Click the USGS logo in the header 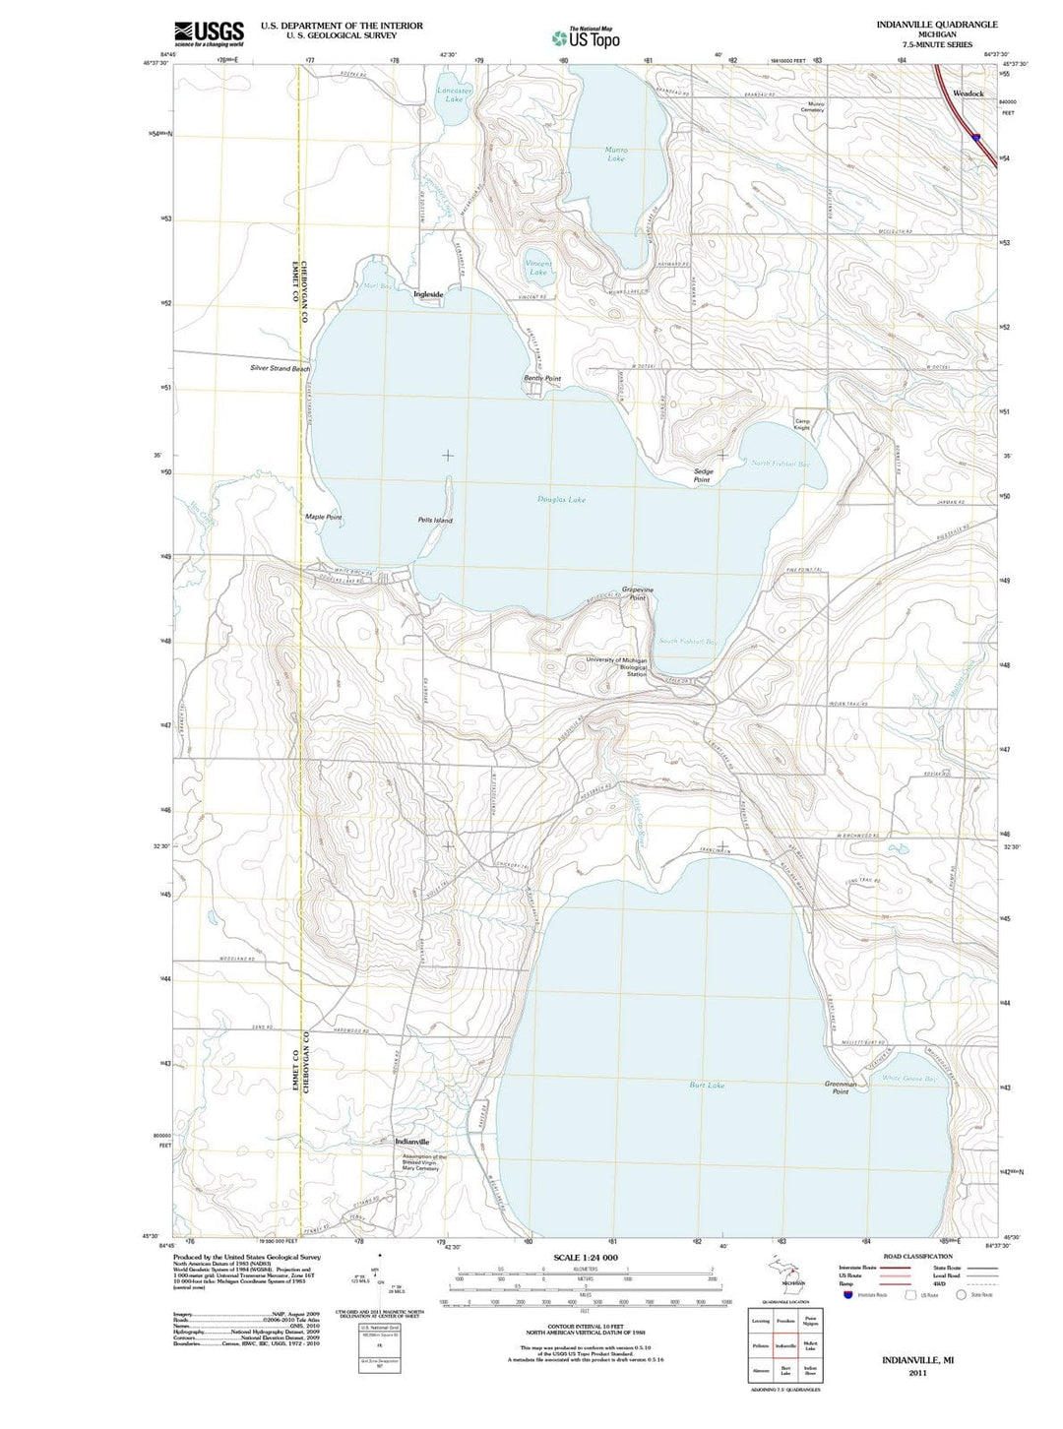(209, 33)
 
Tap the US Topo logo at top (587, 37)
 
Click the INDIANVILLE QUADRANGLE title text (936, 24)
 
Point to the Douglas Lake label (561, 500)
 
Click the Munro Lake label (616, 154)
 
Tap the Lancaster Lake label (454, 94)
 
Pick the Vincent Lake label (538, 268)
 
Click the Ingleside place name (429, 294)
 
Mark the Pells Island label (434, 520)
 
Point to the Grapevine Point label (638, 593)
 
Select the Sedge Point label (703, 475)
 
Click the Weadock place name (968, 93)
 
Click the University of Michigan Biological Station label (616, 666)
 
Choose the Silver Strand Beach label (280, 368)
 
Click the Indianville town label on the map (411, 1142)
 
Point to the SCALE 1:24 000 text (586, 1258)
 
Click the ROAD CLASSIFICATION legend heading (917, 1256)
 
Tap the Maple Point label (323, 517)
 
